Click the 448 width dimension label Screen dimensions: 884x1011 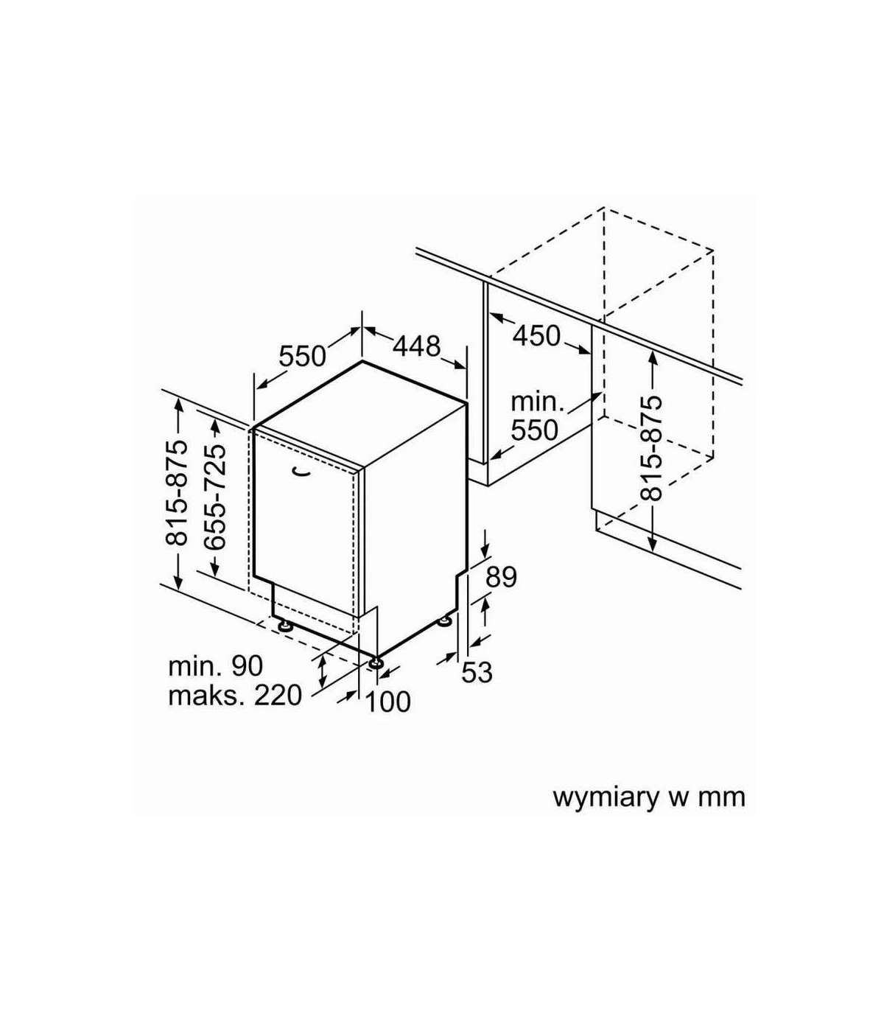tap(416, 346)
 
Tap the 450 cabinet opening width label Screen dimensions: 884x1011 tap(536, 336)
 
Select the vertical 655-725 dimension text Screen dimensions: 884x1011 tap(215, 497)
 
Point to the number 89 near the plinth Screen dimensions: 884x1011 tap(501, 577)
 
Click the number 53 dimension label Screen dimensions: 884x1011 tap(477, 672)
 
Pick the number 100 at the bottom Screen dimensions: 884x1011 tap(388, 702)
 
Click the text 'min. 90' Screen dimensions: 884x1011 tap(215, 666)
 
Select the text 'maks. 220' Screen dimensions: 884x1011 tap(234, 696)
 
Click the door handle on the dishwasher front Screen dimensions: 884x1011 tap(301, 472)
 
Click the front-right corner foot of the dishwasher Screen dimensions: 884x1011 tap(376, 662)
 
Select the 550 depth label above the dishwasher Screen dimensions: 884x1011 tap(303, 356)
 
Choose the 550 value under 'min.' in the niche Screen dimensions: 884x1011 tap(534, 430)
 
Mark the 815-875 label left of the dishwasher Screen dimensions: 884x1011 tap(176, 494)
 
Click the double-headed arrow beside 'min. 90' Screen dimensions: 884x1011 tap(322, 672)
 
